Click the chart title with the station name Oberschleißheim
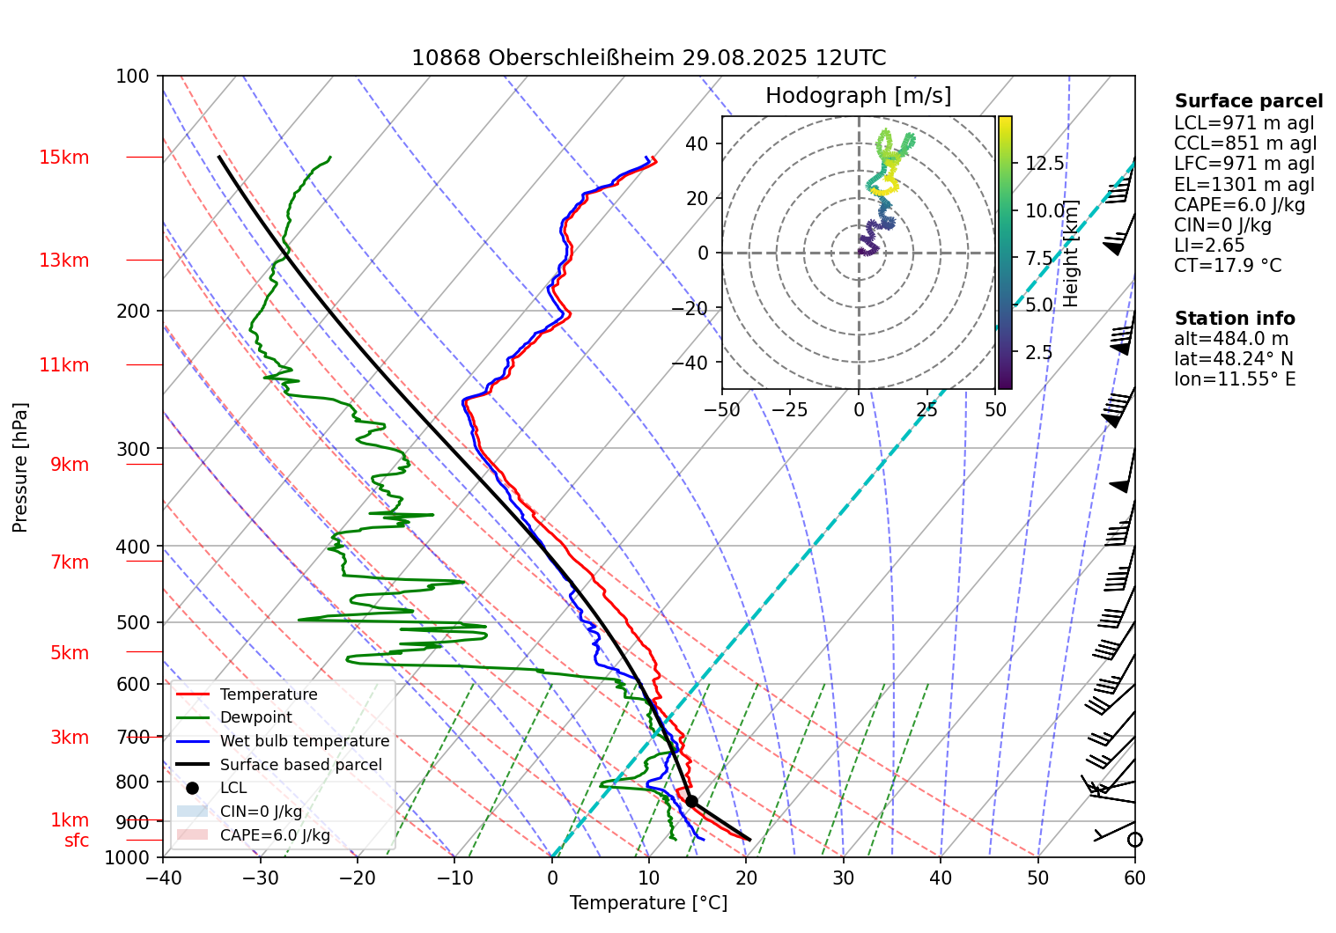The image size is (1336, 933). tap(648, 58)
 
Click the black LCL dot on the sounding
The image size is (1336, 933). tap(691, 801)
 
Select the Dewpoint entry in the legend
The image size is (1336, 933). tap(255, 717)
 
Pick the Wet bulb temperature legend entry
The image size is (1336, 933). tap(304, 741)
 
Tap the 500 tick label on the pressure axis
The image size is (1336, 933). tap(134, 622)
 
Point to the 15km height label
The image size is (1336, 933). tap(63, 158)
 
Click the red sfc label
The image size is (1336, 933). tap(77, 841)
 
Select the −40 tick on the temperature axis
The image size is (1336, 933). tap(163, 878)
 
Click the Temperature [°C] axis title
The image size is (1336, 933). tap(648, 903)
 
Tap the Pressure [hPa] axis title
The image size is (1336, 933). tap(20, 467)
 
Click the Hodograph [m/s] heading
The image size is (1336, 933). tap(858, 96)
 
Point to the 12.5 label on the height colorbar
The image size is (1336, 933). tap(1044, 164)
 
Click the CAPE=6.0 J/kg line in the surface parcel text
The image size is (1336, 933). tap(1239, 205)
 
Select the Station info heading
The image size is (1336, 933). tap(1235, 319)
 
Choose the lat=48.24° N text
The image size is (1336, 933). tap(1234, 359)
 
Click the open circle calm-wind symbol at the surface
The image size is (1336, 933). tap(1134, 840)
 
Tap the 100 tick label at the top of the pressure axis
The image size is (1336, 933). tap(133, 77)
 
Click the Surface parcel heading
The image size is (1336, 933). tap(1248, 101)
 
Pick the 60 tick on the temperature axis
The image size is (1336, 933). tap(1134, 878)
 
